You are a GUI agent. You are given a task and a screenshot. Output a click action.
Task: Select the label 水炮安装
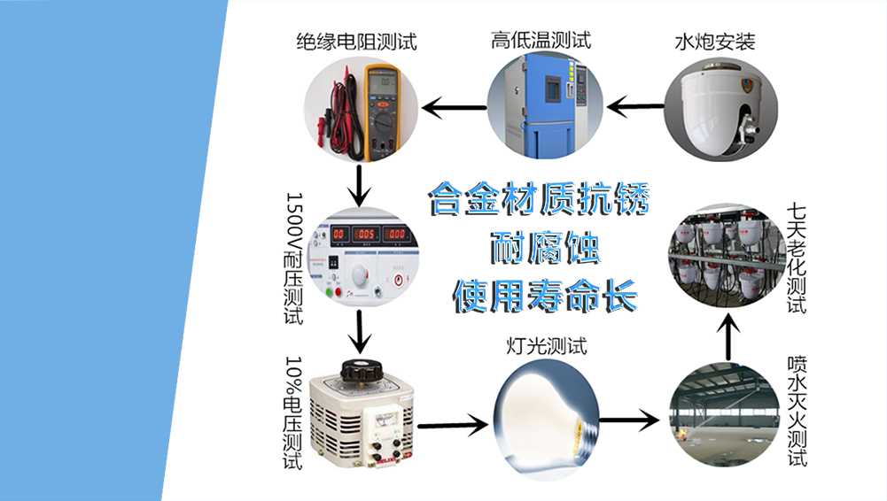(x=715, y=41)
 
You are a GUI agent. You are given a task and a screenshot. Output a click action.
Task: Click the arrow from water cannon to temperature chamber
(x=635, y=108)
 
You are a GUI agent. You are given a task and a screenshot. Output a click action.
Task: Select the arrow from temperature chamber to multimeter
(x=453, y=108)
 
